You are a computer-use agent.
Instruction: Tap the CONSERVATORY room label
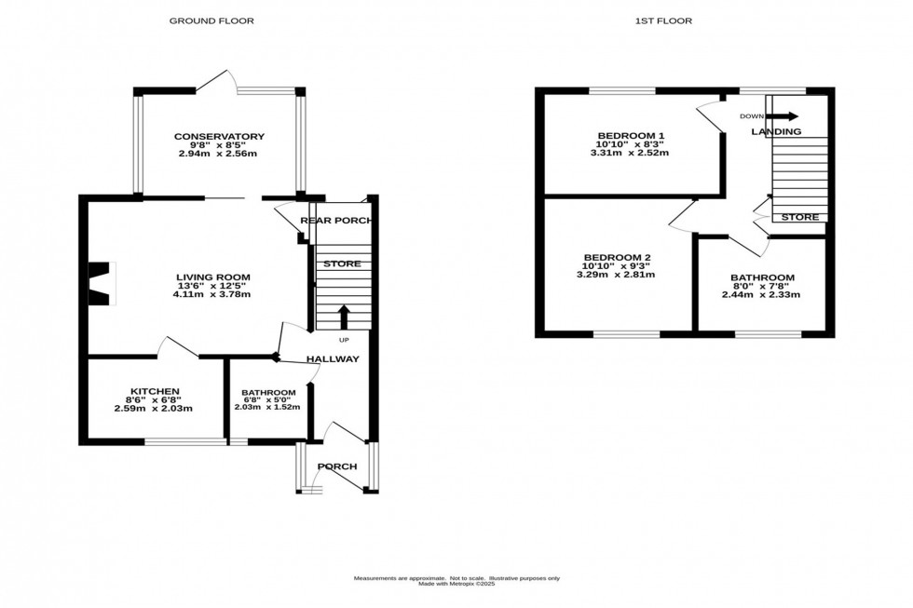tap(219, 137)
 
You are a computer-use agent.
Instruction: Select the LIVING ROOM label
tap(213, 277)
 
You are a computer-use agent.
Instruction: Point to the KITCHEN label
tap(153, 391)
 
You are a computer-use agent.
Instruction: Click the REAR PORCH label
tap(336, 221)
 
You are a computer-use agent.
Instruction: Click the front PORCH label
tap(337, 466)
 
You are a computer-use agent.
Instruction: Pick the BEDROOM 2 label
tap(617, 257)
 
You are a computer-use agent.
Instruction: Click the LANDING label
tap(776, 132)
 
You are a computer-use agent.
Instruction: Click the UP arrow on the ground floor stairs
tap(343, 318)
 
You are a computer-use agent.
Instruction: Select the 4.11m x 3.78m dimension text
tap(213, 294)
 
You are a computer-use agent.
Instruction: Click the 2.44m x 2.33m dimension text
tap(761, 295)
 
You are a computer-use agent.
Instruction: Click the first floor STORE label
tap(799, 218)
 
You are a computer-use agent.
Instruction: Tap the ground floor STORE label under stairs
tap(342, 264)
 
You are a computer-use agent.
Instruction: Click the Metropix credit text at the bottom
tap(456, 584)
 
